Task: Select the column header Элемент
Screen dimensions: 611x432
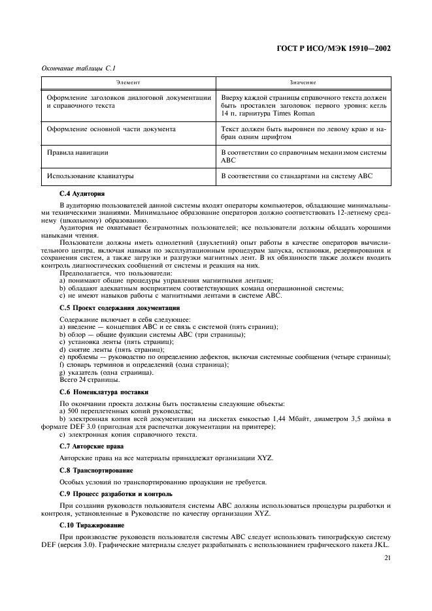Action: (129, 83)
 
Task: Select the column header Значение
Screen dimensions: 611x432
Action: (303, 83)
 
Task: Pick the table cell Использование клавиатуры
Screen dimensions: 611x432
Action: (90, 176)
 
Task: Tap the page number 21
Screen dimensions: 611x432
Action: (387, 558)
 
